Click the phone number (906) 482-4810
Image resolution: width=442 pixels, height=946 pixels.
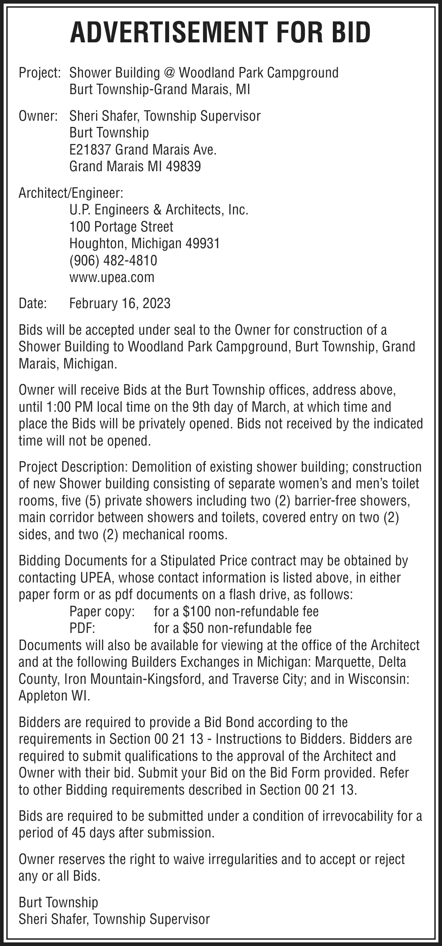tap(113, 260)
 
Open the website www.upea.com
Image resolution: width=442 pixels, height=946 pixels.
tap(111, 277)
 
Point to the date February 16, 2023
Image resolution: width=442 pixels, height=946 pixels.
tap(120, 303)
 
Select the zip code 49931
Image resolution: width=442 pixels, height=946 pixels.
tap(203, 244)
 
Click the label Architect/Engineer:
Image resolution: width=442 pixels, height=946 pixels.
tap(70, 193)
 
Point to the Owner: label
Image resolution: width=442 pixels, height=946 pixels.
tap(38, 116)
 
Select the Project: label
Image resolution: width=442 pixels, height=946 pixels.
tap(40, 73)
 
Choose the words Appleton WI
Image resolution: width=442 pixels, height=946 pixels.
tap(54, 696)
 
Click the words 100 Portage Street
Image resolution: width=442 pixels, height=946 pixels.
tap(121, 227)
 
